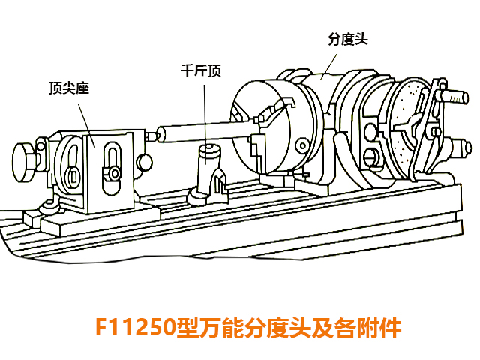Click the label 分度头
(x=348, y=39)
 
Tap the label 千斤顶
(x=201, y=70)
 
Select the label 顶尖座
(x=69, y=88)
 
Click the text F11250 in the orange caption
(x=136, y=327)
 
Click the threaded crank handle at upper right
(x=454, y=95)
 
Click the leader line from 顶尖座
(x=86, y=125)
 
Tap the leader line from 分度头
(x=329, y=67)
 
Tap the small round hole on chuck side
(x=303, y=145)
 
